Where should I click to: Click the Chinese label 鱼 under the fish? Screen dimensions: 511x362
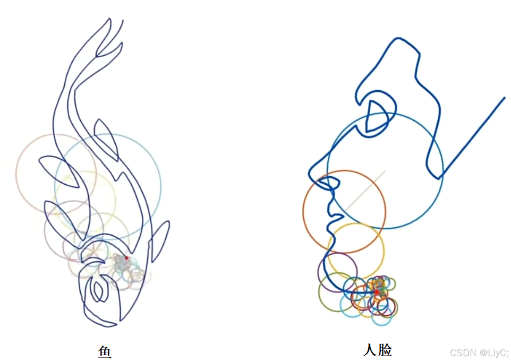[x=104, y=351]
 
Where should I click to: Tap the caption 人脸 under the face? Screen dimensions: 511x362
[x=377, y=350]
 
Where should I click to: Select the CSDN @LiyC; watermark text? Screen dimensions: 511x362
[x=479, y=353]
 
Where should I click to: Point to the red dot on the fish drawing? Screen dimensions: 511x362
[x=126, y=258]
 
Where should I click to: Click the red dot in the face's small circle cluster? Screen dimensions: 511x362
[x=377, y=292]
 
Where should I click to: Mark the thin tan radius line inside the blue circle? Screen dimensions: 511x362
[x=367, y=188]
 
